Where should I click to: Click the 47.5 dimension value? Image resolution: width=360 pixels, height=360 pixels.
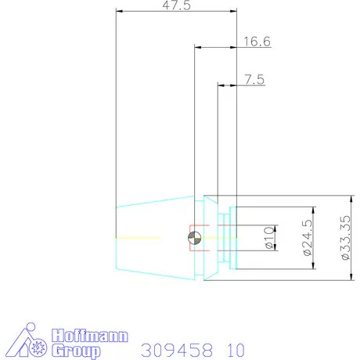point(176,5)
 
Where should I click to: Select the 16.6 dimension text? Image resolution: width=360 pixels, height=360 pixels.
point(257,41)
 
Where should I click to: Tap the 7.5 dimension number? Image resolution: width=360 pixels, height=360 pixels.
point(254,78)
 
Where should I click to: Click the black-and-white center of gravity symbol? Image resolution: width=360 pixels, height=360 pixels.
point(195,238)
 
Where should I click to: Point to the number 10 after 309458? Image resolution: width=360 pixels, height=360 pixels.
point(236,349)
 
